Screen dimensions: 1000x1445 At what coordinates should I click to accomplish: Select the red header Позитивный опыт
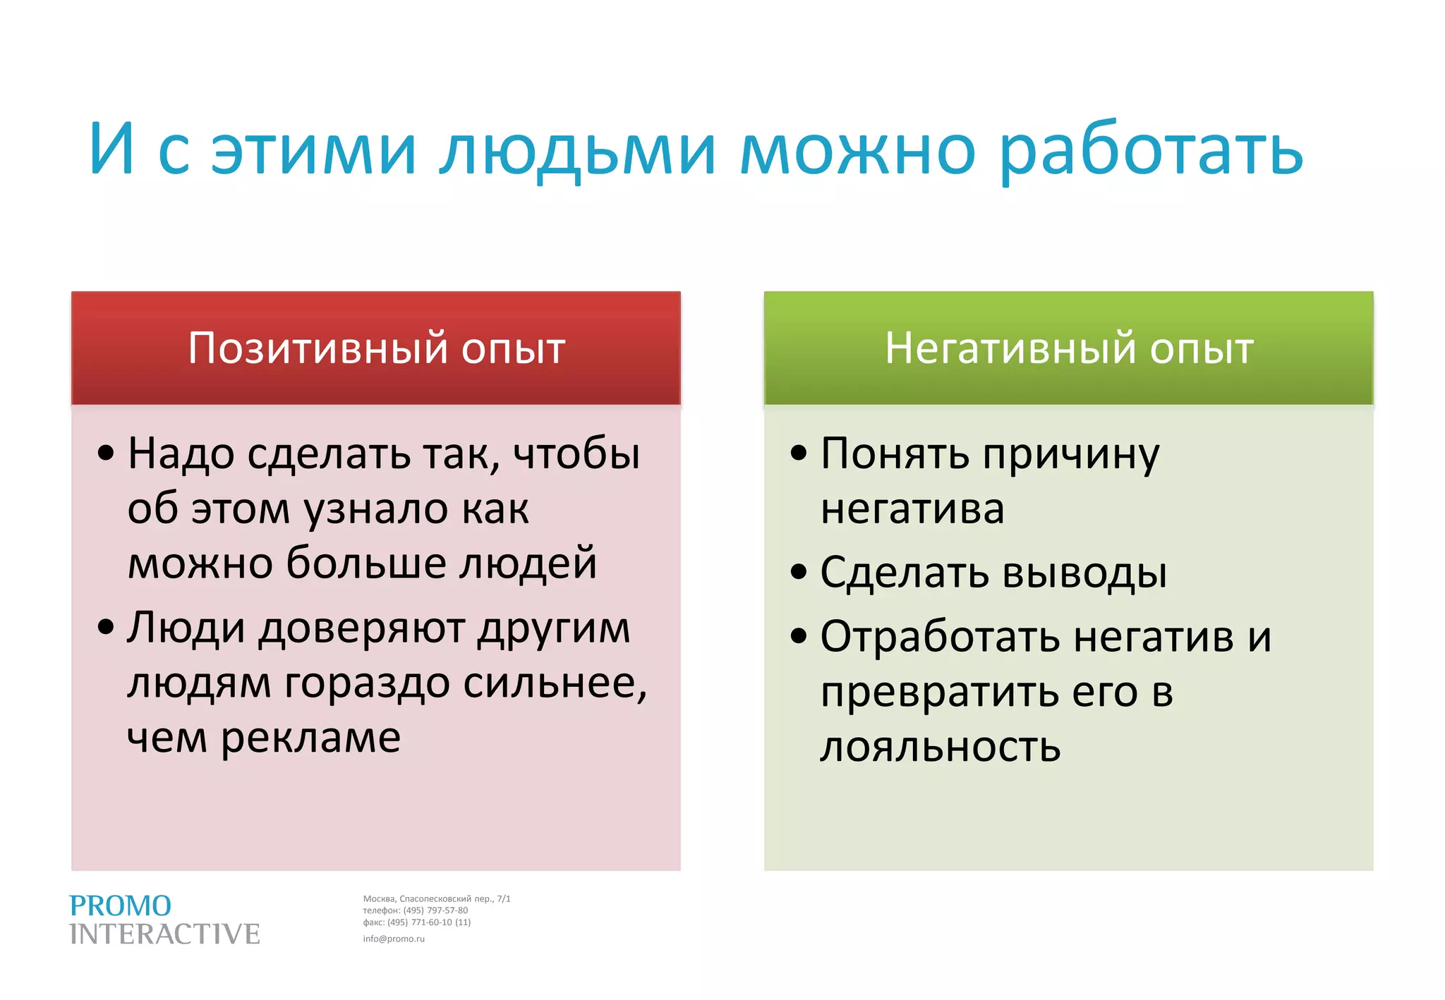coord(376,348)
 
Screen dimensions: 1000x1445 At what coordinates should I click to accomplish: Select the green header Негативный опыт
coord(1068,348)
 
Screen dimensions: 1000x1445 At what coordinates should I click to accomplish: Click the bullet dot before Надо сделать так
coord(106,453)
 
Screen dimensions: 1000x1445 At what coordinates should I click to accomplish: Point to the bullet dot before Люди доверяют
coord(106,627)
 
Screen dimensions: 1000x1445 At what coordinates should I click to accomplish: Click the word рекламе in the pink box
coord(311,738)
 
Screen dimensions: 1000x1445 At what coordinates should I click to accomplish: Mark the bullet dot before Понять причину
coord(798,453)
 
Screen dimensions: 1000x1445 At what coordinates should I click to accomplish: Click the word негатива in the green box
coord(912,508)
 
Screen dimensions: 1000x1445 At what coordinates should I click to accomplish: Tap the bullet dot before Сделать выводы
coord(798,572)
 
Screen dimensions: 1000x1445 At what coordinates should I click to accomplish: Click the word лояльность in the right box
coord(940,747)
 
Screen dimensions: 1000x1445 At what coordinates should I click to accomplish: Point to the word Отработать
coord(940,637)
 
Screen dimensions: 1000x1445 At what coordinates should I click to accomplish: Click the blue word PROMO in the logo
coord(120,906)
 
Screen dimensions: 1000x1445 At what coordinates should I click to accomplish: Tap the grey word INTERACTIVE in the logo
coord(164,934)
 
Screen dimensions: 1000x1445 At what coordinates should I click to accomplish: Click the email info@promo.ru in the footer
coord(394,939)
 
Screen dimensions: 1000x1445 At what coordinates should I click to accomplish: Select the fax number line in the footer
coord(416,922)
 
